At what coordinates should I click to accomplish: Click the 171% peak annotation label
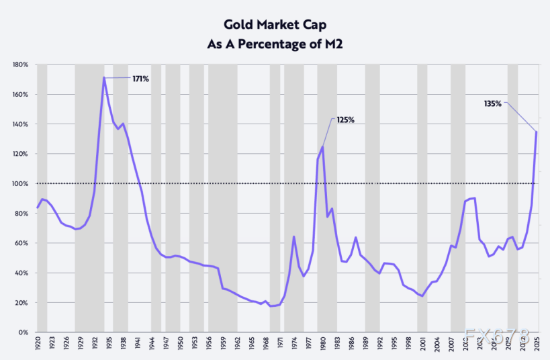pyautogui.click(x=140, y=79)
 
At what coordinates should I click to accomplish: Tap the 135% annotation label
pyautogui.click(x=493, y=103)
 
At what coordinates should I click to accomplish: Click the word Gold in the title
pyautogui.click(x=237, y=24)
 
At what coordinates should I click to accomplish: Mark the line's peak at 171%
pyautogui.click(x=104, y=77)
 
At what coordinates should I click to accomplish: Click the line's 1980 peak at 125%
pyautogui.click(x=323, y=146)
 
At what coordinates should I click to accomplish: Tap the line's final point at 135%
pyautogui.click(x=537, y=131)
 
